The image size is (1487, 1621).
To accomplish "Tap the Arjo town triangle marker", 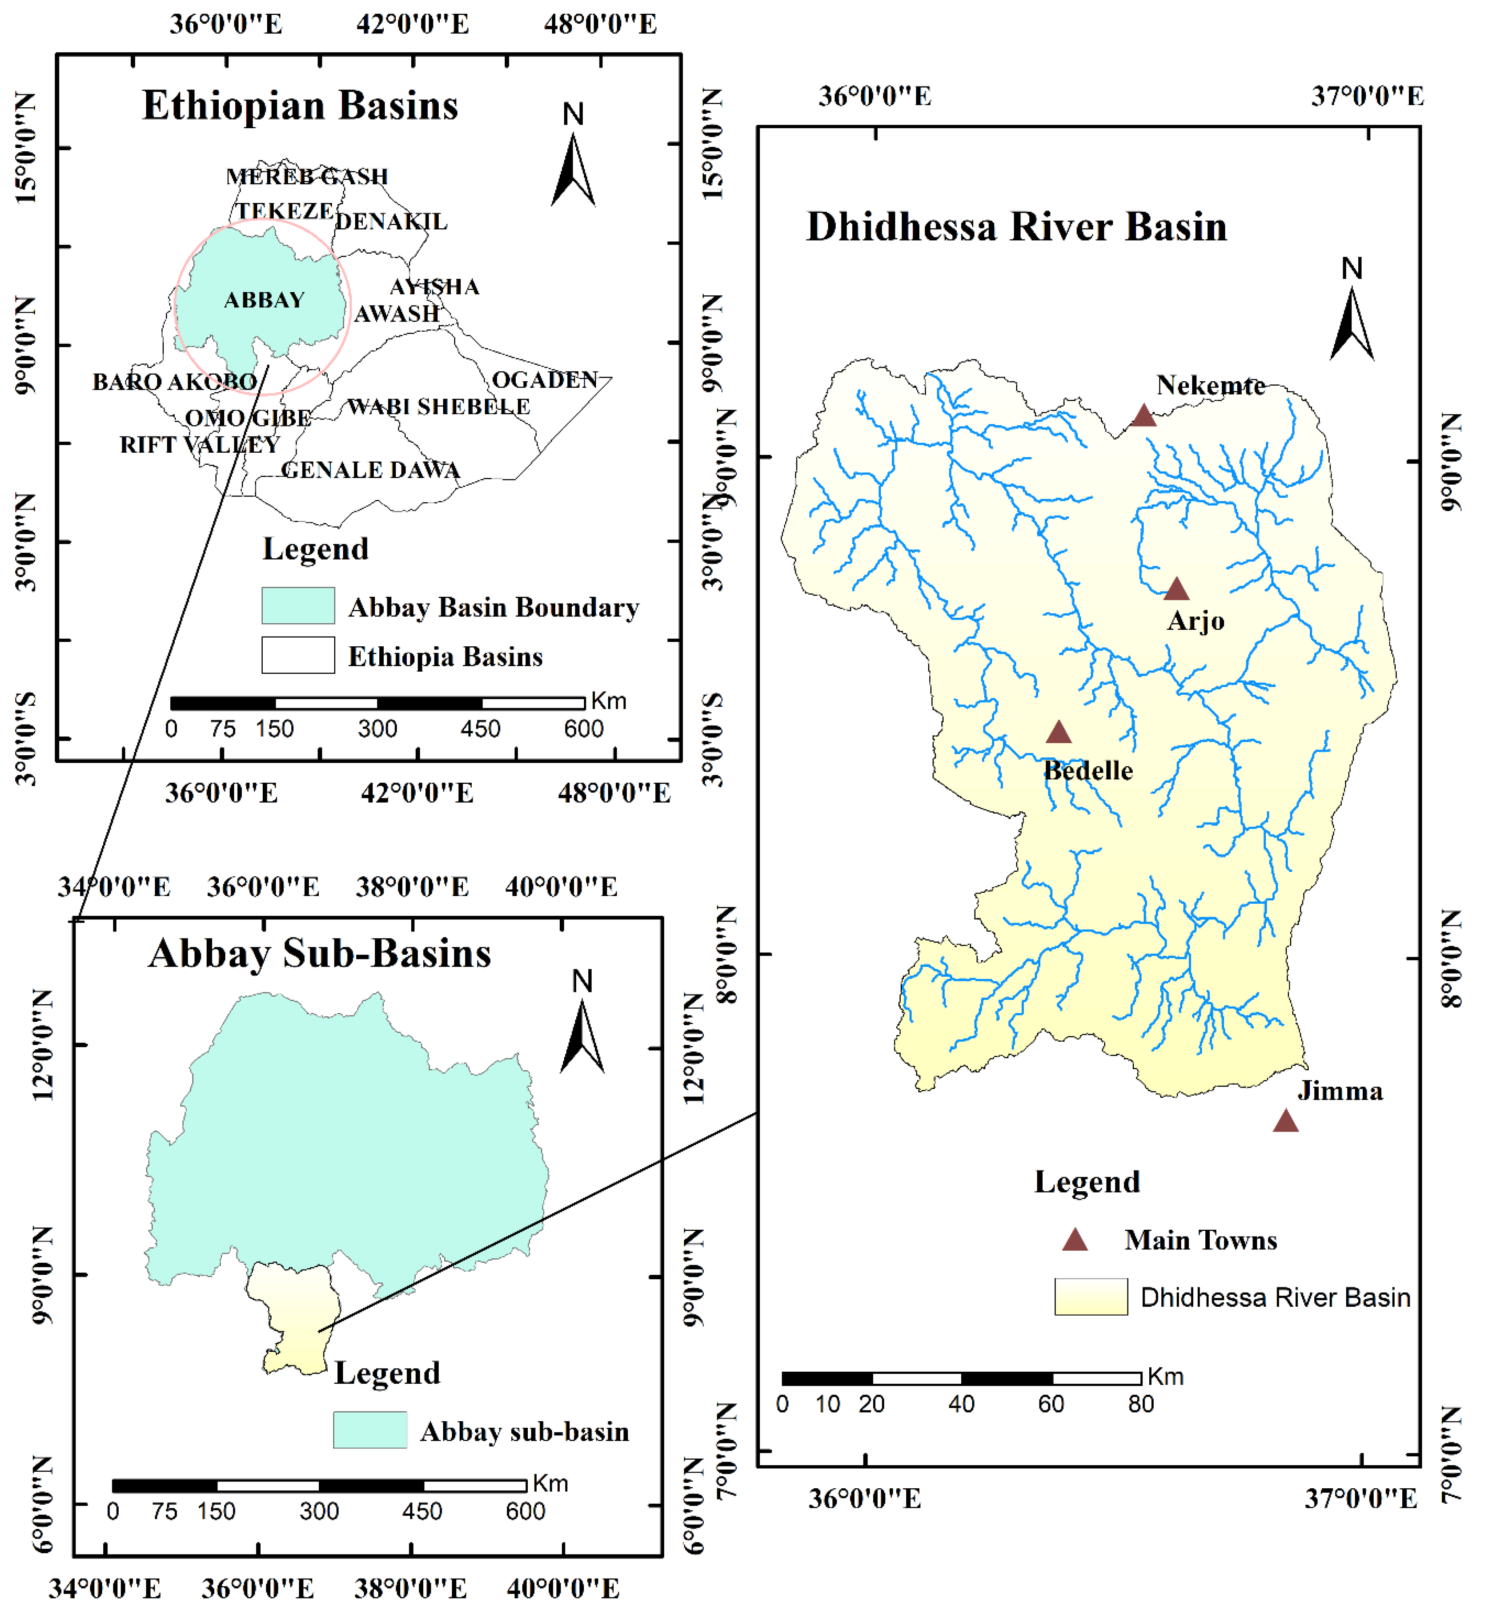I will click(1176, 590).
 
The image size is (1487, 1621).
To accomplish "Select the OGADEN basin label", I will click(545, 380).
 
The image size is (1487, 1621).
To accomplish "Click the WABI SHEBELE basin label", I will click(439, 407).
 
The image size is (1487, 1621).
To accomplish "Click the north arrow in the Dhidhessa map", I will click(1352, 322).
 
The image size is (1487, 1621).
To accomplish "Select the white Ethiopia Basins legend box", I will click(298, 655).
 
